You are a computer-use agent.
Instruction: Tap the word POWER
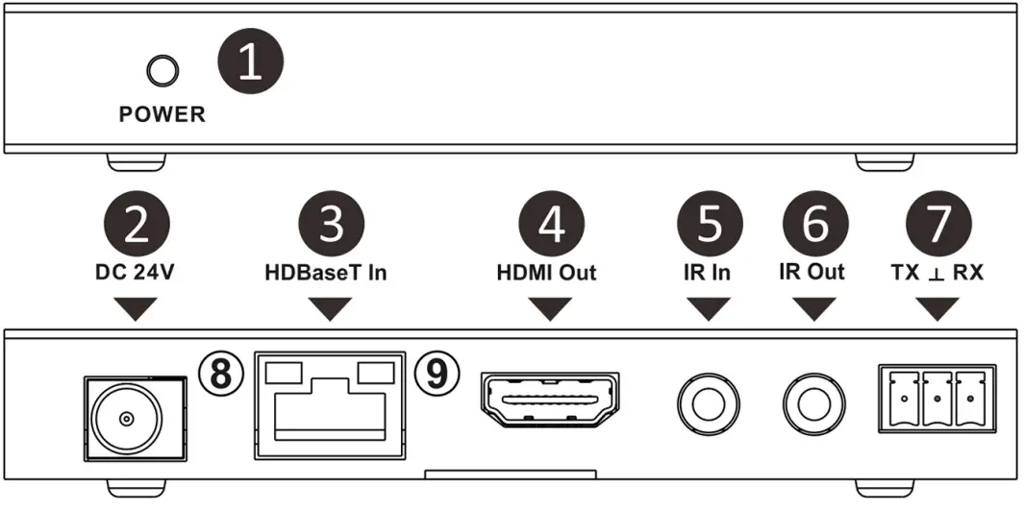tap(162, 114)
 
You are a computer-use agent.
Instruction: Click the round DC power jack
tap(126, 418)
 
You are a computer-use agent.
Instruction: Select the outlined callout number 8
tap(219, 374)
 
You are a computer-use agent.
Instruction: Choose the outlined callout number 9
tap(437, 374)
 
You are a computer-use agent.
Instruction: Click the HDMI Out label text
tap(546, 272)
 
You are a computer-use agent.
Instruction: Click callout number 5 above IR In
tap(709, 225)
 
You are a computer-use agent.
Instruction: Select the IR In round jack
tap(709, 401)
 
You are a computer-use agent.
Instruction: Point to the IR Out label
tap(812, 272)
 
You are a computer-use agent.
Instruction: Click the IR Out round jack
tap(812, 401)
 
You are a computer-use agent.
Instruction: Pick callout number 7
tap(937, 225)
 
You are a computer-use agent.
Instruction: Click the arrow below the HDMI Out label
tap(550, 308)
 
